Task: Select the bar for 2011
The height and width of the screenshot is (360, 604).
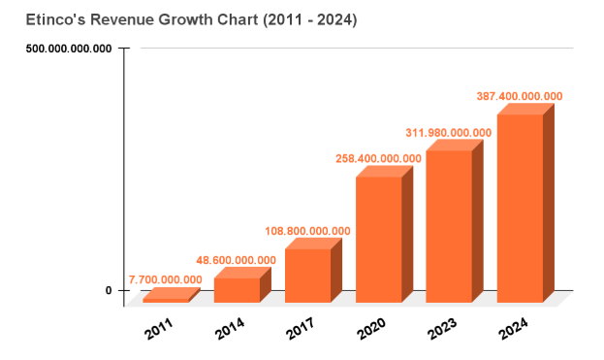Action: [166, 298]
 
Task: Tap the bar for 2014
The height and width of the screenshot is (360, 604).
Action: [237, 288]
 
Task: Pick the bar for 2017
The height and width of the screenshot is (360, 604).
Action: [307, 275]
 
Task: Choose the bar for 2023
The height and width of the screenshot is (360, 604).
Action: [449, 225]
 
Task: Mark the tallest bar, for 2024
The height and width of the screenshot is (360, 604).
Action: [520, 208]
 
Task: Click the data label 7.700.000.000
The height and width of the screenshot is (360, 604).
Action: [165, 279]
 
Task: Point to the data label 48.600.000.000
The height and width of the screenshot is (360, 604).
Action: [238, 261]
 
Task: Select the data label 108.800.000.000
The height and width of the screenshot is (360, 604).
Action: [308, 231]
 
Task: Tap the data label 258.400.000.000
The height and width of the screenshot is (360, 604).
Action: [378, 158]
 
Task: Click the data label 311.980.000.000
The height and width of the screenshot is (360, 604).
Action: [449, 132]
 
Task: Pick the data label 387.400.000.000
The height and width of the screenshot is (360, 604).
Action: [520, 96]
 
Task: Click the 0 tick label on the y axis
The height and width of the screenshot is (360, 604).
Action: [109, 290]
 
